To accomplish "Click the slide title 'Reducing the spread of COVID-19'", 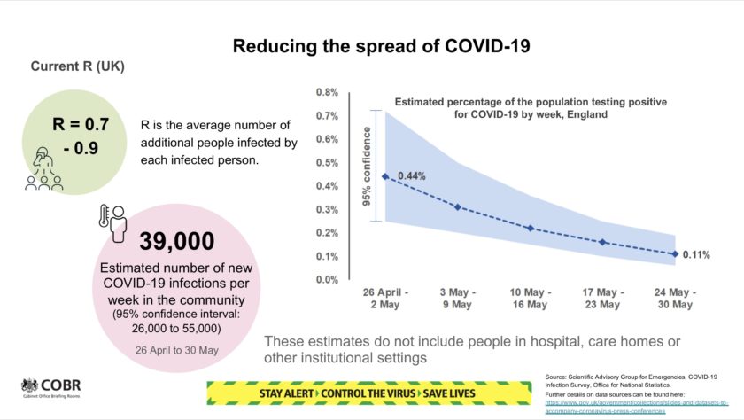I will (x=371, y=46).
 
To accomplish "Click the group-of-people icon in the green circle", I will (x=43, y=169).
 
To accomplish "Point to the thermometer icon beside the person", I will (x=105, y=221).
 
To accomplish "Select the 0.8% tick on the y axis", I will (x=328, y=92).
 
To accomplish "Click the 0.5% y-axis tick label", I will (x=328, y=162).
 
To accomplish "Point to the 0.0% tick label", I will (x=328, y=279).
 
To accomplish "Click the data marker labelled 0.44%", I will (x=384, y=176).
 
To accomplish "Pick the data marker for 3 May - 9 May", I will (x=457, y=207).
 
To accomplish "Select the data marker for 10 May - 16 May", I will (x=530, y=229).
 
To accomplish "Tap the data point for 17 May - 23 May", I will (x=602, y=242).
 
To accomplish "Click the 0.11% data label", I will (x=696, y=255).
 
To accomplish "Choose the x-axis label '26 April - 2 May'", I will (x=384, y=299).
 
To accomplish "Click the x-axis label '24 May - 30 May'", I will (x=675, y=299).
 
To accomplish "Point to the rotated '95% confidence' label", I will (x=367, y=167).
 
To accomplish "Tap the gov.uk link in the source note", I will (x=630, y=403).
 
